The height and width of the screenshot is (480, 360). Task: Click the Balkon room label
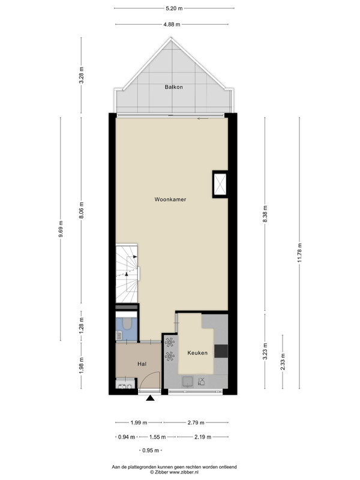173,87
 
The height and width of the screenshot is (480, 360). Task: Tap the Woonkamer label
170,199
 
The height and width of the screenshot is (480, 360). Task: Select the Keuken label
197,353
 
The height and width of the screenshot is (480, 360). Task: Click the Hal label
142,364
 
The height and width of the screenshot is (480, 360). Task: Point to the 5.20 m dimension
174,8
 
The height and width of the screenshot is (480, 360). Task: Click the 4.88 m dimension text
172,25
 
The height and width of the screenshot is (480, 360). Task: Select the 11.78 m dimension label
299,253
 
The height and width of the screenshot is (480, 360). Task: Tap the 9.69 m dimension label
61,229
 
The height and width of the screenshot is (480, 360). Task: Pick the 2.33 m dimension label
283,362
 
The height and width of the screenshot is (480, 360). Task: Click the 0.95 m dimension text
151,451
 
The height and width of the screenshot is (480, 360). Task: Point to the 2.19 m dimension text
203,437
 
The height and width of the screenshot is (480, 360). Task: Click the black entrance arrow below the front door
150,398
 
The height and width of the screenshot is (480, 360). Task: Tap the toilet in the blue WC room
127,323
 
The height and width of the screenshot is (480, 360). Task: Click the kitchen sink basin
187,382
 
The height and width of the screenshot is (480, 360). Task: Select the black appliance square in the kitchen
221,351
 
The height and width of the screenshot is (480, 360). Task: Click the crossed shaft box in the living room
220,184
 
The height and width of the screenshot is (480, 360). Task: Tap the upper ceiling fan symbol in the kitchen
170,342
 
